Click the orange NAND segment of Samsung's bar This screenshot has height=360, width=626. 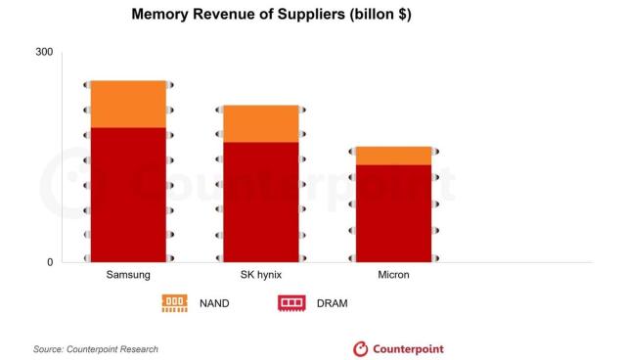pyautogui.click(x=128, y=104)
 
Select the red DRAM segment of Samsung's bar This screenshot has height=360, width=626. pyautogui.click(x=128, y=195)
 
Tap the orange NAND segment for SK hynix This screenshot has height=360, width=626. pyautogui.click(x=261, y=123)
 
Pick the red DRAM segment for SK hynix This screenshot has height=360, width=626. pyautogui.click(x=261, y=202)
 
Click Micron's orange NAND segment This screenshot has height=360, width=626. pyautogui.click(x=393, y=156)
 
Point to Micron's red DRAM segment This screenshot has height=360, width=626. pyautogui.click(x=393, y=213)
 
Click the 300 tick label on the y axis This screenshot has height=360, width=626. pyautogui.click(x=44, y=52)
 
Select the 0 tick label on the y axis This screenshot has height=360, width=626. pyautogui.click(x=50, y=262)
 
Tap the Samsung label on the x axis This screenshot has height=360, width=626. pyautogui.click(x=128, y=276)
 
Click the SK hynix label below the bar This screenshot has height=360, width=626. pyautogui.click(x=261, y=276)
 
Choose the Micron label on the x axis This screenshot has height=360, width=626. pyautogui.click(x=393, y=276)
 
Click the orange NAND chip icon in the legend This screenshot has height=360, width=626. pyautogui.click(x=175, y=303)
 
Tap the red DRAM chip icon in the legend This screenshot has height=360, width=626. pyautogui.click(x=292, y=303)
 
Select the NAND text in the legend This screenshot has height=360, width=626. pyautogui.click(x=213, y=303)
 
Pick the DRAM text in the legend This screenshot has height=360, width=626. pyautogui.click(x=332, y=303)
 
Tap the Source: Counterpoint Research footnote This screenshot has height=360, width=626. pyautogui.click(x=95, y=349)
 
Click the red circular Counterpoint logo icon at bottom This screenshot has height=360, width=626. pyautogui.click(x=360, y=349)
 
